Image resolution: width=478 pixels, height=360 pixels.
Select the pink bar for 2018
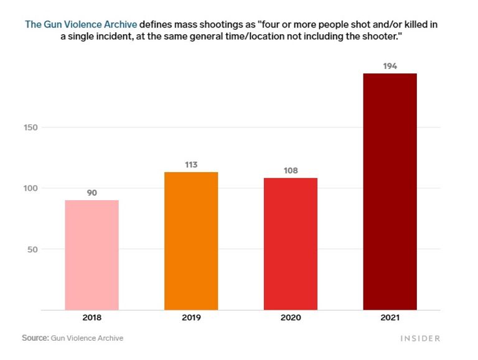(91, 254)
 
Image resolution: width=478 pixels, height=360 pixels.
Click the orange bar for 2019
(191, 241)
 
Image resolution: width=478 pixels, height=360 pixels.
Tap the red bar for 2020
(291, 244)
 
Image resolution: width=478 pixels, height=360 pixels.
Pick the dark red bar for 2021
(390, 191)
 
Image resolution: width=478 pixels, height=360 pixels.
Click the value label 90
(91, 193)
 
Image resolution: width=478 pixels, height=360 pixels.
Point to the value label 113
(191, 165)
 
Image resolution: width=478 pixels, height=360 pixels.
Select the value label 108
(291, 171)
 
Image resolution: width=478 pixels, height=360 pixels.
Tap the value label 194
(390, 65)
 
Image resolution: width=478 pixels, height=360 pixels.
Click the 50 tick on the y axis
(32, 249)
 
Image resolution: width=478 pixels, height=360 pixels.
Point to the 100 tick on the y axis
(30, 188)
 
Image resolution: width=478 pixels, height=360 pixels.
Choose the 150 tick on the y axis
(30, 127)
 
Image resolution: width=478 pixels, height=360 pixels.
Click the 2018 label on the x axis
(91, 318)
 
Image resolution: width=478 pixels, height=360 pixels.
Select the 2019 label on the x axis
(191, 318)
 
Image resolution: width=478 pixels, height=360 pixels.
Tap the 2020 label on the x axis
(291, 318)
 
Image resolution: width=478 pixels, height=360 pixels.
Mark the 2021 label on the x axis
(390, 318)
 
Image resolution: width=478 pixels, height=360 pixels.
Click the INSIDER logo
(419, 338)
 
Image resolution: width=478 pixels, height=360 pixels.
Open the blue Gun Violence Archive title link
(81, 25)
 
